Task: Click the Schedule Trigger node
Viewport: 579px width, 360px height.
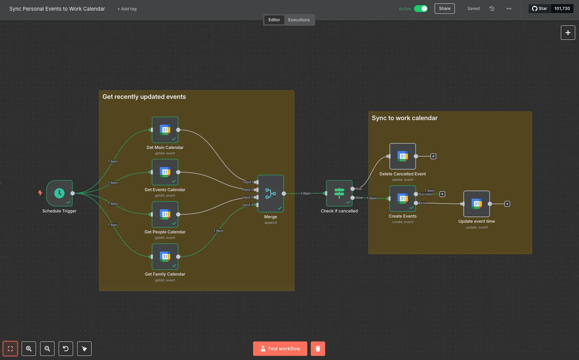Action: click(x=59, y=193)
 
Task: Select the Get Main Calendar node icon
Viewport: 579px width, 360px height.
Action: click(x=165, y=130)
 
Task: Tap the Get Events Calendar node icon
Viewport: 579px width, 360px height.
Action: click(x=165, y=172)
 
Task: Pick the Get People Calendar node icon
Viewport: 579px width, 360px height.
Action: click(x=165, y=214)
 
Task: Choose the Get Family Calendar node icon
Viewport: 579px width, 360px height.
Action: click(x=165, y=257)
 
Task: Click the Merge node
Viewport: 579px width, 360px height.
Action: click(x=271, y=194)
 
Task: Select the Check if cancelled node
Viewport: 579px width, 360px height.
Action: click(x=339, y=193)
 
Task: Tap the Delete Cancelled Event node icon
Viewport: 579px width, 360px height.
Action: click(x=403, y=156)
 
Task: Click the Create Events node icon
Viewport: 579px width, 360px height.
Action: click(x=403, y=198)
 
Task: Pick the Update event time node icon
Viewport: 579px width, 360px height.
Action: click(x=477, y=204)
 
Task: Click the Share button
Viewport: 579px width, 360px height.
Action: click(x=445, y=9)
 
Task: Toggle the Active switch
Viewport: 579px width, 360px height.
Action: click(x=421, y=9)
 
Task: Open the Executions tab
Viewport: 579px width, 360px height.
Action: click(x=299, y=20)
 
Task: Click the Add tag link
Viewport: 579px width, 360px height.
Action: click(x=127, y=9)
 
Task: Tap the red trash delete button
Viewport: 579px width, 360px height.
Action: click(x=318, y=349)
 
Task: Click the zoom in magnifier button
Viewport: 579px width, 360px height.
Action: click(x=29, y=349)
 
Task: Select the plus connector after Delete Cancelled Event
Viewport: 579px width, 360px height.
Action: click(x=433, y=156)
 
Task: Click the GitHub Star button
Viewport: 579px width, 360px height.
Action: click(x=540, y=9)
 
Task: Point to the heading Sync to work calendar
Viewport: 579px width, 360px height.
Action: click(x=404, y=118)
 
